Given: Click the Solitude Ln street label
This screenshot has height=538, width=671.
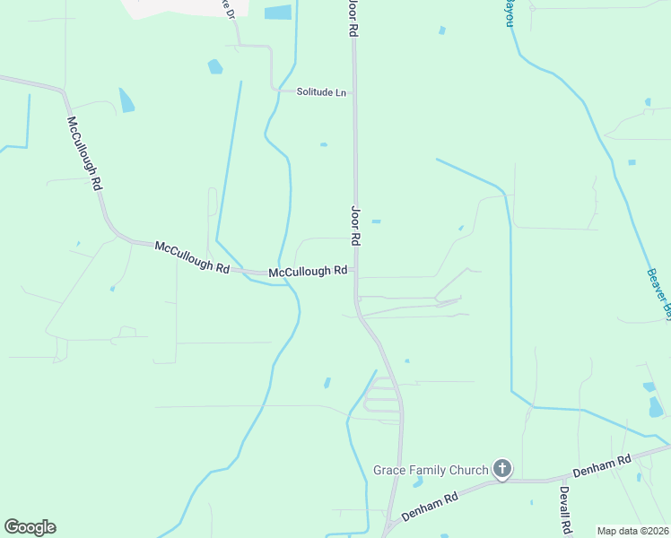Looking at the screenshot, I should tap(322, 92).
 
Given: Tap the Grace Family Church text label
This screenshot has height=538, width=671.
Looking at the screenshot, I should tap(431, 470).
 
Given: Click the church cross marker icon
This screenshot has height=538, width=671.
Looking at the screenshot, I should tap(502, 469).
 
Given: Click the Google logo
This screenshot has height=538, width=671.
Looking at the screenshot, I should tap(30, 527).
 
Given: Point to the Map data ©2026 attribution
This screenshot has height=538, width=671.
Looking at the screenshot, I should tap(633, 531).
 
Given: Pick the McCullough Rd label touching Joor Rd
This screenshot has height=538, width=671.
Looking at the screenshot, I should tap(308, 271).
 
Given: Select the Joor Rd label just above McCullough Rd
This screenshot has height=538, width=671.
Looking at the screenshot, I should tap(355, 225).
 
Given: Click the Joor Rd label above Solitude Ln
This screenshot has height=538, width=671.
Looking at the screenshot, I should tap(353, 18).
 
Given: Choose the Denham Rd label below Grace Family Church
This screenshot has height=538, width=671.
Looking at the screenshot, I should tap(431, 506).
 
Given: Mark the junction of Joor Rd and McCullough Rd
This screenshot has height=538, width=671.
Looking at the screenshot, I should tap(355, 270).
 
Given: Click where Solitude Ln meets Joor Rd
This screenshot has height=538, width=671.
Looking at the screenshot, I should tap(353, 92).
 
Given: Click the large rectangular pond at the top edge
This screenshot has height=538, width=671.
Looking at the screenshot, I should tap(278, 13).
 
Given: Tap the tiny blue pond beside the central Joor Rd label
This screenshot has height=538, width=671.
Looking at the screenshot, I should tap(376, 221).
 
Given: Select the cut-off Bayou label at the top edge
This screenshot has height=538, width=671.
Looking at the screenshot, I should tap(509, 12).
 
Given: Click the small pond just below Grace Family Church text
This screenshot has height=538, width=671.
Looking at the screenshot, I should tap(417, 482).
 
